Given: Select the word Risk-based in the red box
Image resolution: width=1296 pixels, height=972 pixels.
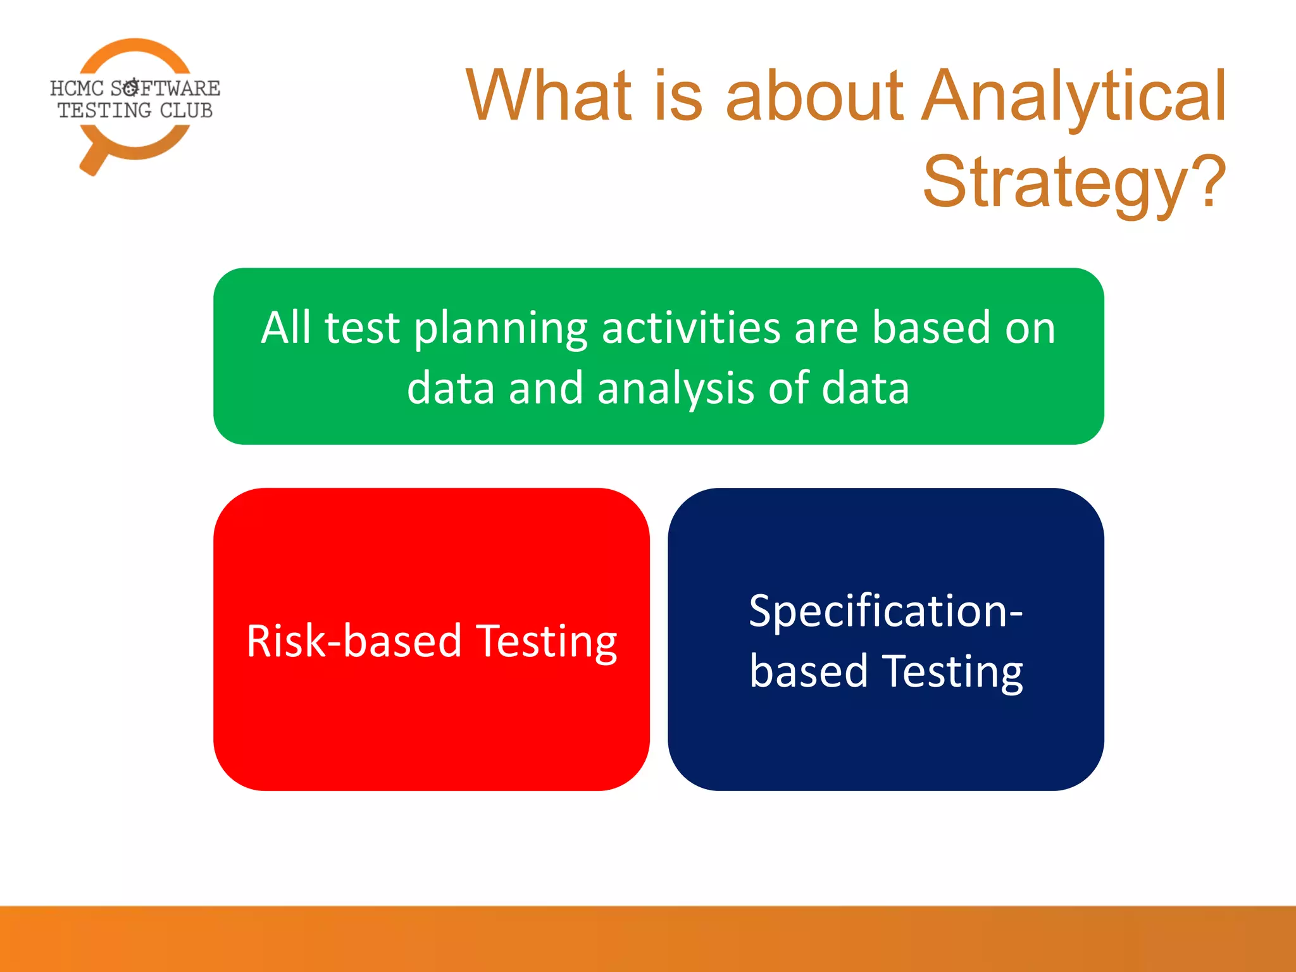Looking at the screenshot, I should (x=354, y=641).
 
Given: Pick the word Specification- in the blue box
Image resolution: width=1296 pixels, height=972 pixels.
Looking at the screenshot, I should (x=885, y=611).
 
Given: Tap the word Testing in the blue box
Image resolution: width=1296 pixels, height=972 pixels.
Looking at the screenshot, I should (x=952, y=672).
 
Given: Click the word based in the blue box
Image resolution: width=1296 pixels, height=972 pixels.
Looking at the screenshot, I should (x=808, y=671).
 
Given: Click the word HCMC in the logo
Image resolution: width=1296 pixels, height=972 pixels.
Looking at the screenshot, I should (x=77, y=88).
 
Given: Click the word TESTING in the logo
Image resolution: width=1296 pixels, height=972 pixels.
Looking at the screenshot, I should (x=104, y=110).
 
